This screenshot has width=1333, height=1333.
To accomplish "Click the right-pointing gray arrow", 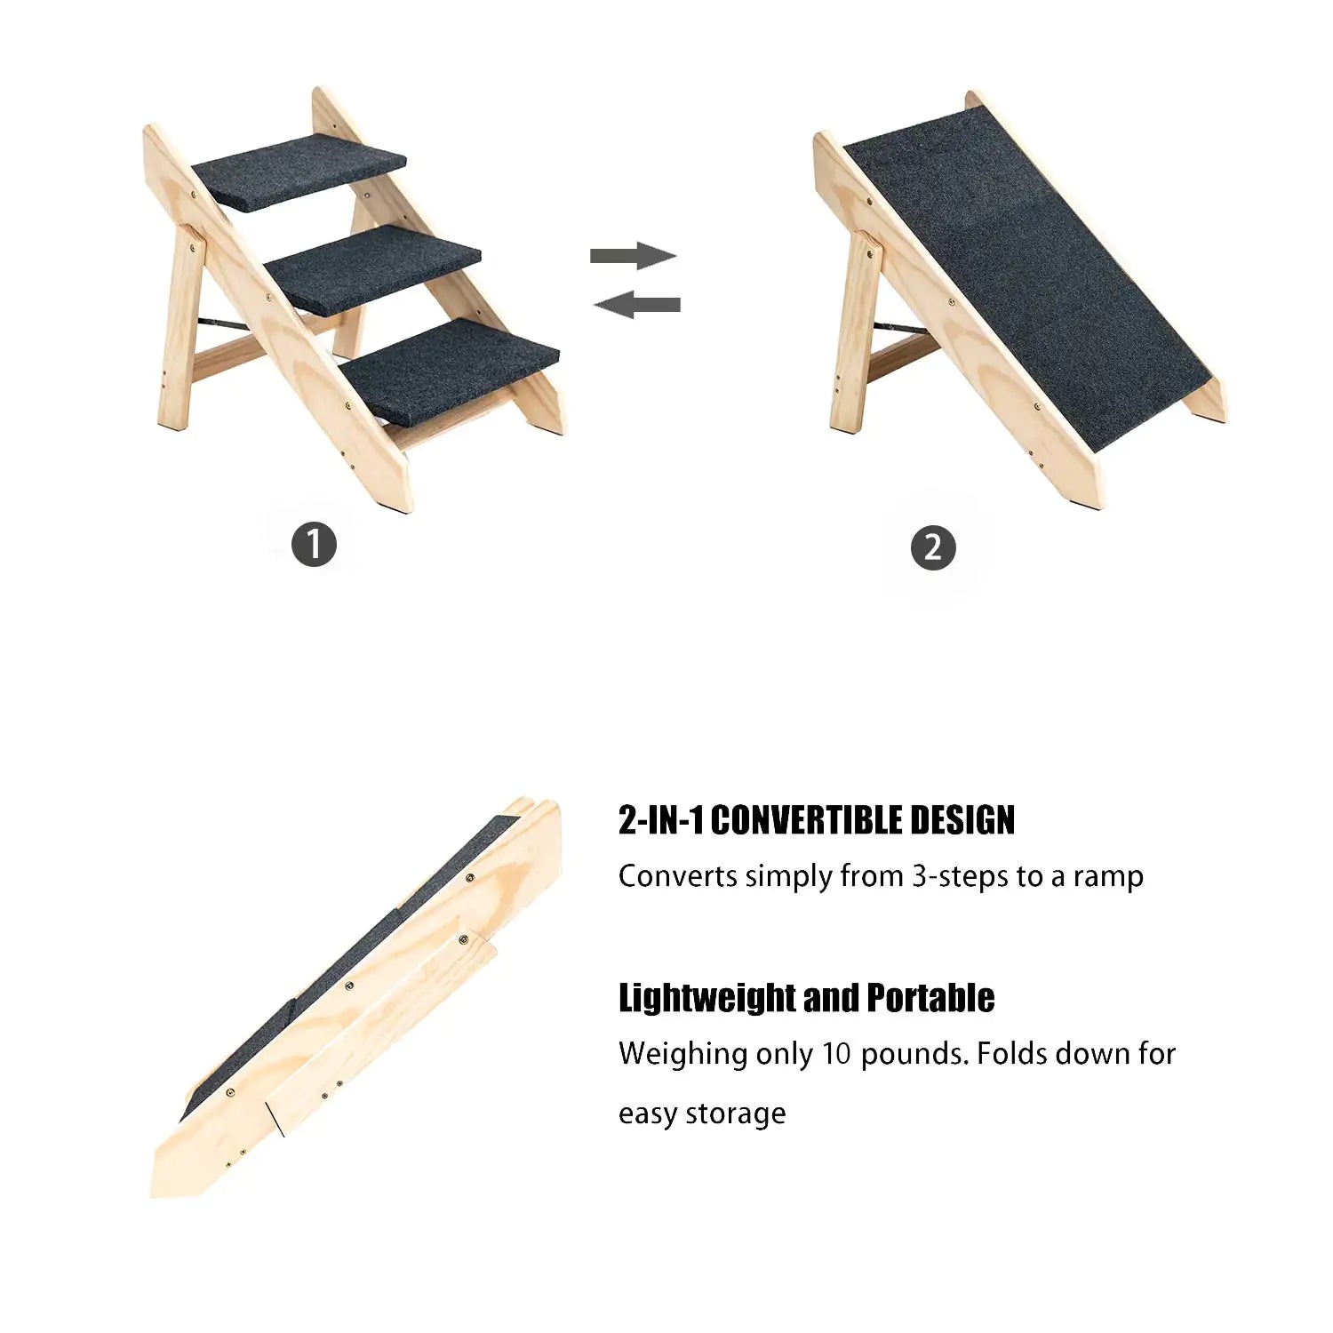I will pyautogui.click(x=633, y=256).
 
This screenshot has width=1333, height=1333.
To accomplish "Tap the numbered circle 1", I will pyautogui.click(x=314, y=544).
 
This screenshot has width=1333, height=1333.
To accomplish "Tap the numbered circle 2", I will pyautogui.click(x=932, y=547).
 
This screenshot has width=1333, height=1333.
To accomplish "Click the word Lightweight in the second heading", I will pyautogui.click(x=706, y=998).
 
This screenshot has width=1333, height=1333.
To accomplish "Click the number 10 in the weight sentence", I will pyautogui.click(x=837, y=1054).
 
